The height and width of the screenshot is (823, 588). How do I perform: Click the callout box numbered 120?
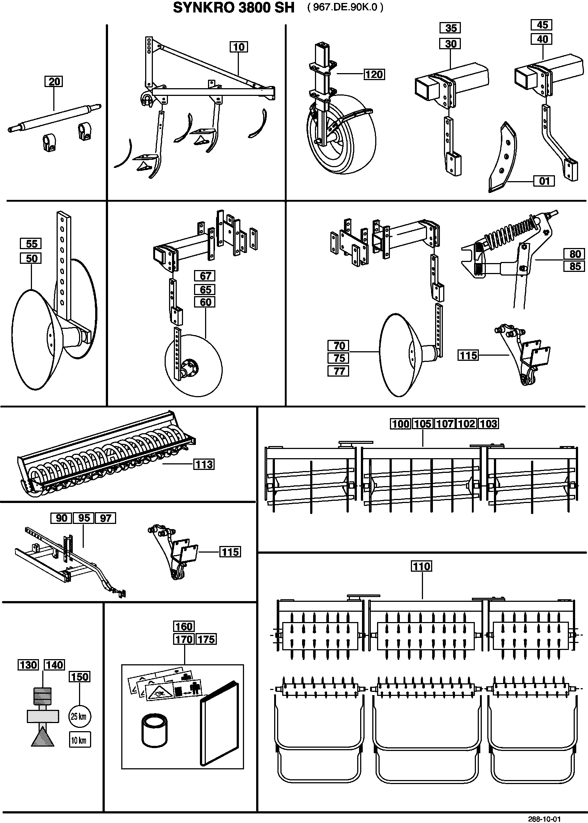click(374, 74)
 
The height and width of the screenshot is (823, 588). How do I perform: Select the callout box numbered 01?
click(544, 181)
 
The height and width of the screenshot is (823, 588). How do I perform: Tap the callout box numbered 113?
click(204, 464)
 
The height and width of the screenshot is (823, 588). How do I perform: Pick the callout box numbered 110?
click(421, 566)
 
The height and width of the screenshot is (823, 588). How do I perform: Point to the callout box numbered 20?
click(54, 81)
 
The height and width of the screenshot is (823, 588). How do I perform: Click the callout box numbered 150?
click(79, 677)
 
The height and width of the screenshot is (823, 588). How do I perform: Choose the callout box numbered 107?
click(445, 424)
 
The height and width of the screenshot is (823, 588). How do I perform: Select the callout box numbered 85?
click(574, 266)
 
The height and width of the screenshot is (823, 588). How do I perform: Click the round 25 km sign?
click(80, 716)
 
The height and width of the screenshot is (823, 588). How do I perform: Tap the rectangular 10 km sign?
click(80, 740)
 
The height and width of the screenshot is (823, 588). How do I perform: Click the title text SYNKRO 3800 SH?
click(234, 8)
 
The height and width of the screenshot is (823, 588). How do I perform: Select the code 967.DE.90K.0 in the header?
click(345, 8)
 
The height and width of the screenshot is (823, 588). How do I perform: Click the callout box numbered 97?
click(105, 518)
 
